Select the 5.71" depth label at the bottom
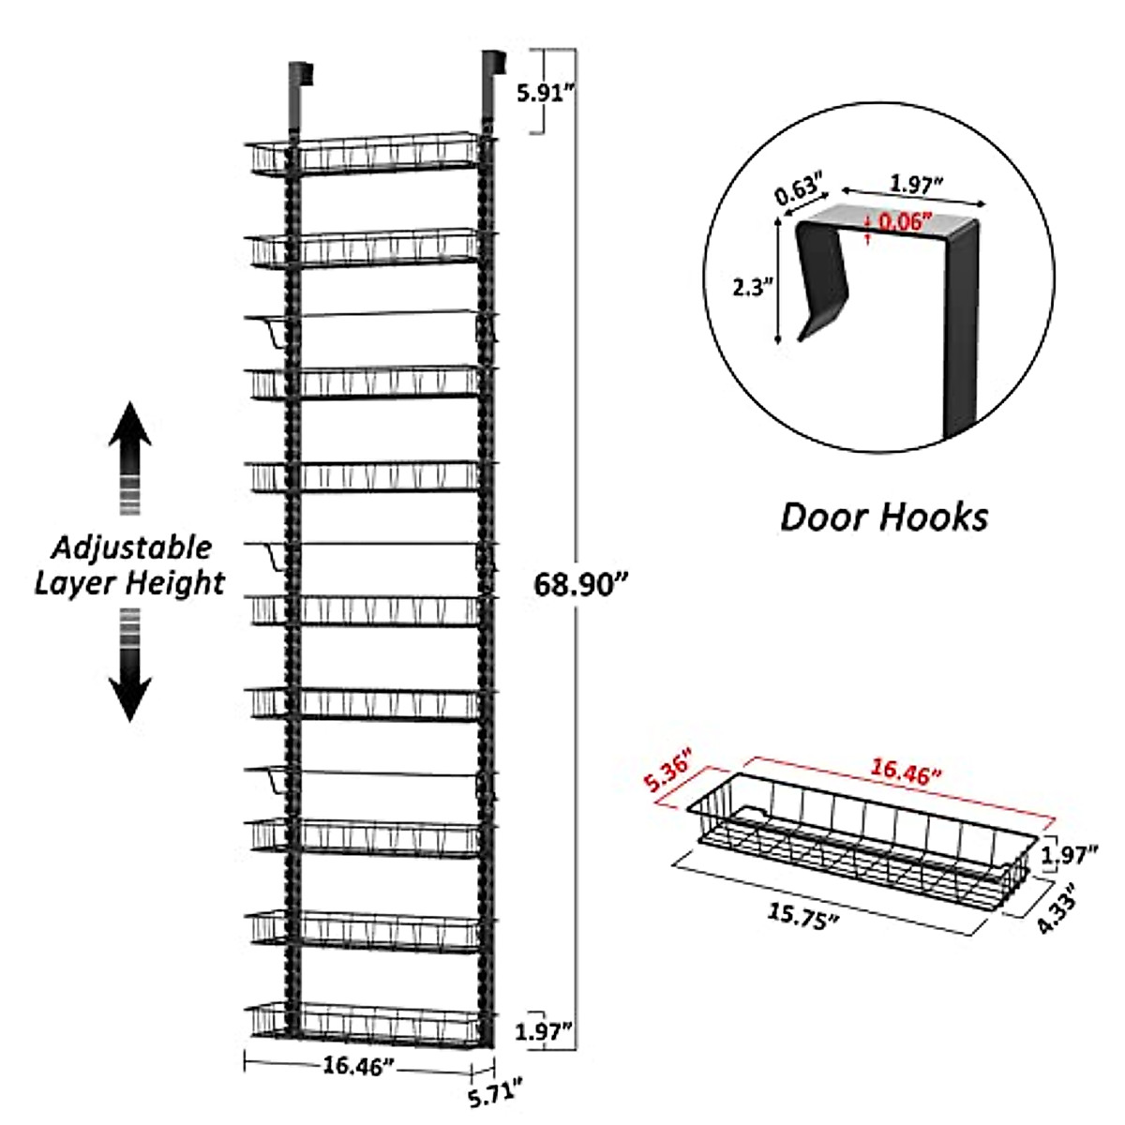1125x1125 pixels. tap(494, 1094)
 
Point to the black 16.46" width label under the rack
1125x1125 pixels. tap(358, 1065)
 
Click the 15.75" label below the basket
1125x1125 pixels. tap(802, 917)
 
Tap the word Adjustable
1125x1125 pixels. tap(131, 547)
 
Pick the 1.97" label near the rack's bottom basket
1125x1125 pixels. tap(544, 1032)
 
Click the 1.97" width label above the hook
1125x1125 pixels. tap(916, 185)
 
